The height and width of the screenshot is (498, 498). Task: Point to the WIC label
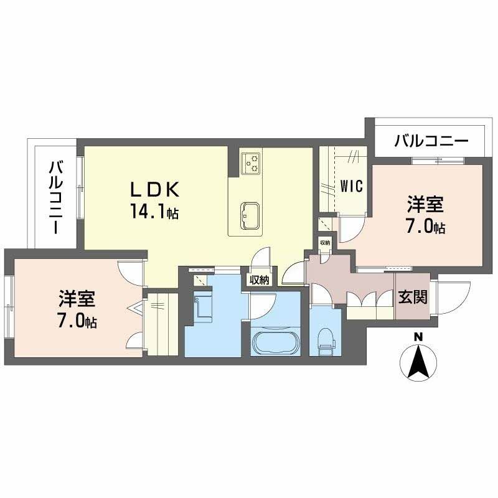click(x=352, y=186)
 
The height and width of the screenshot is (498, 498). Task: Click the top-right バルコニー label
click(x=431, y=141)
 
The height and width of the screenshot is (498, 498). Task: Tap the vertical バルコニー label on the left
click(x=57, y=197)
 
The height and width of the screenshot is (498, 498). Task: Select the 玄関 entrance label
click(x=412, y=297)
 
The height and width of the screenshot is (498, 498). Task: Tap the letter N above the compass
click(x=419, y=337)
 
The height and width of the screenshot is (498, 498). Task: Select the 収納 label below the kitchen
click(x=259, y=280)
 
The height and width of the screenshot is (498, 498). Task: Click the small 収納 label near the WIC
click(x=325, y=243)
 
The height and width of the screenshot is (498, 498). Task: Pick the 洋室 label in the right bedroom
click(x=426, y=204)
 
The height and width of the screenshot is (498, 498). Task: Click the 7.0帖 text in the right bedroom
click(x=426, y=227)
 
